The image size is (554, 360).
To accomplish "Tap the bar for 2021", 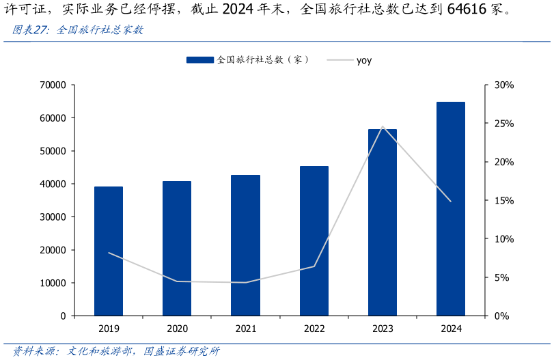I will pyautogui.click(x=245, y=245).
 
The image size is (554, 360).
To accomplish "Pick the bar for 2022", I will pyautogui.click(x=314, y=240).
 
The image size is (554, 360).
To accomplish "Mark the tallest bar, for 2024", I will pyautogui.click(x=451, y=208).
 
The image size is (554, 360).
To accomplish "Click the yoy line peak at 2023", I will pyautogui.click(x=383, y=126).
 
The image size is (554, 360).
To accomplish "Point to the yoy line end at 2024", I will pyautogui.click(x=451, y=202).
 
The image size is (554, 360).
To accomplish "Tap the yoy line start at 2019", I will pyautogui.click(x=109, y=253).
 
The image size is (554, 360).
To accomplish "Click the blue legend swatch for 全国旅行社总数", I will pyautogui.click(x=199, y=60).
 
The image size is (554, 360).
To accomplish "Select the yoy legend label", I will pyautogui.click(x=364, y=60).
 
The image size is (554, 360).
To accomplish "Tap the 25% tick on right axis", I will pyautogui.click(x=503, y=124).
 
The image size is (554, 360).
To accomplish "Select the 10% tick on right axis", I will pyautogui.click(x=503, y=239).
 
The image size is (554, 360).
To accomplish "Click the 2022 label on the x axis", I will pyautogui.click(x=314, y=329).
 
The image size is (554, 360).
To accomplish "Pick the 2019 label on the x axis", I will pyautogui.click(x=109, y=329).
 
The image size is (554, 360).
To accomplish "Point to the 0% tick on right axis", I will pyautogui.click(x=501, y=316).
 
